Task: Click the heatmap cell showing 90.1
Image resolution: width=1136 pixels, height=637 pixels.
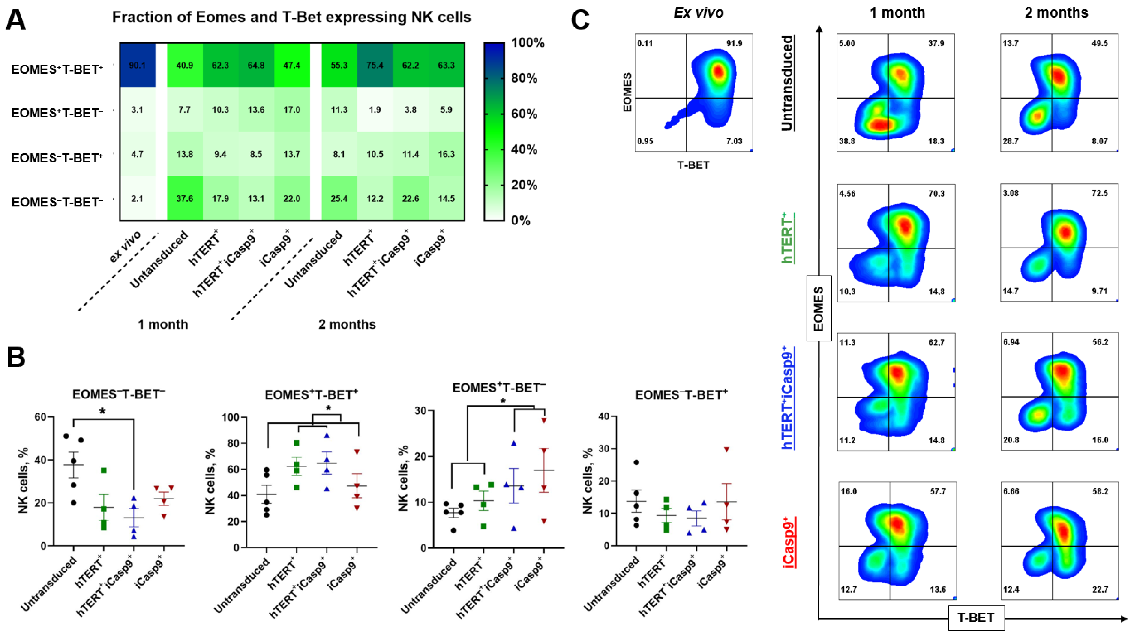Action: click(137, 65)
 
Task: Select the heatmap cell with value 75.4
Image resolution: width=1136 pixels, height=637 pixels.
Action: click(375, 65)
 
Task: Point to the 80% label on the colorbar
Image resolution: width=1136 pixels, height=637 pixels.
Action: click(524, 78)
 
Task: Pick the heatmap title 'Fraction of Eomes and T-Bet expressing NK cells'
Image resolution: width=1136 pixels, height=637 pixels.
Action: click(292, 17)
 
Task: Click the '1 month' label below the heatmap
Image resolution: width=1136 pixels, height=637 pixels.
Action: click(163, 324)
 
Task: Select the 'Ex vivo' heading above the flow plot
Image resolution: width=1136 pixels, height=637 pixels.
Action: click(699, 13)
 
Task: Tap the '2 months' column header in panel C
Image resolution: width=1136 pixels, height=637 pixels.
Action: click(1056, 13)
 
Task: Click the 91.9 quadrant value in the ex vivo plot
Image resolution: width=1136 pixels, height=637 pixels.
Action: click(734, 43)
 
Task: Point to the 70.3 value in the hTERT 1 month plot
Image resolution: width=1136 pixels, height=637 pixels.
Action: click(936, 193)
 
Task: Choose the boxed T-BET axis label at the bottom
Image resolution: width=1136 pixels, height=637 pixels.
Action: click(976, 618)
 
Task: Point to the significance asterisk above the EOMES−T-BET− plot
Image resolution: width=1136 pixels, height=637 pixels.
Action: click(102, 412)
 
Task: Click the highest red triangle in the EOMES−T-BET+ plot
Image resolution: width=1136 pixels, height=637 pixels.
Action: click(726, 450)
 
